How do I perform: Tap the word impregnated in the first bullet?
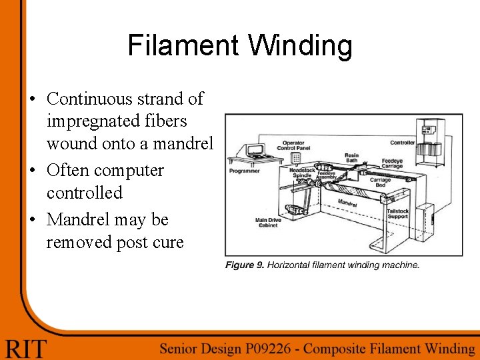[117, 121]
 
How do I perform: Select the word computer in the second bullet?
[132, 171]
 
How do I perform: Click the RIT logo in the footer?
[27, 347]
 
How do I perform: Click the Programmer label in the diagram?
[244, 171]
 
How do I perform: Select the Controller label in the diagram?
[402, 142]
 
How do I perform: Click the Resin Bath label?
[351, 158]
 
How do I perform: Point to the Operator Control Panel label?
[293, 146]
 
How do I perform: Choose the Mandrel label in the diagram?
[347, 202]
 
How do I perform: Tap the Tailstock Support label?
[398, 213]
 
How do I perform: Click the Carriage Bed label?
[381, 182]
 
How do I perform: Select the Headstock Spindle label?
[303, 173]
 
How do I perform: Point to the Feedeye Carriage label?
[392, 163]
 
